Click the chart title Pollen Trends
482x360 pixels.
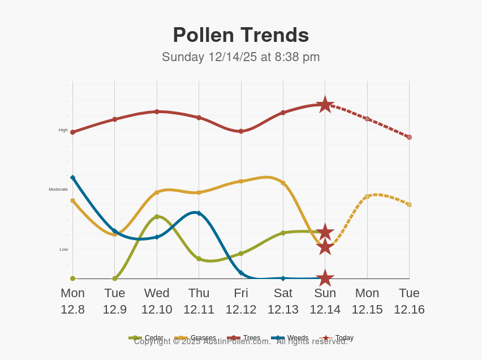click(240, 35)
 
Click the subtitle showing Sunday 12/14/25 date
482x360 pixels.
click(240, 57)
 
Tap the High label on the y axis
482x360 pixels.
click(63, 130)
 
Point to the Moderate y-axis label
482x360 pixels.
click(58, 190)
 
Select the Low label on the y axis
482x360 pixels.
click(63, 250)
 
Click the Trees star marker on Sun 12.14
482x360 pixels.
click(325, 104)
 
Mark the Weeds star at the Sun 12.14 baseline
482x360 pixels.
click(325, 278)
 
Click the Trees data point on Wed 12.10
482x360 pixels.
click(157, 112)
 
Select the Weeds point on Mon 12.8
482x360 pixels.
click(72, 177)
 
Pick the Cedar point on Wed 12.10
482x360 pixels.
click(157, 217)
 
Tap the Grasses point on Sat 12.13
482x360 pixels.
click(283, 183)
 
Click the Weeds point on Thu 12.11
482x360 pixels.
click(199, 213)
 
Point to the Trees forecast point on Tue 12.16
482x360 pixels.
click(409, 137)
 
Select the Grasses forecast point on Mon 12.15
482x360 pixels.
click(367, 196)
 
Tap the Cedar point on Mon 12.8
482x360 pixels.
click(72, 278)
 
